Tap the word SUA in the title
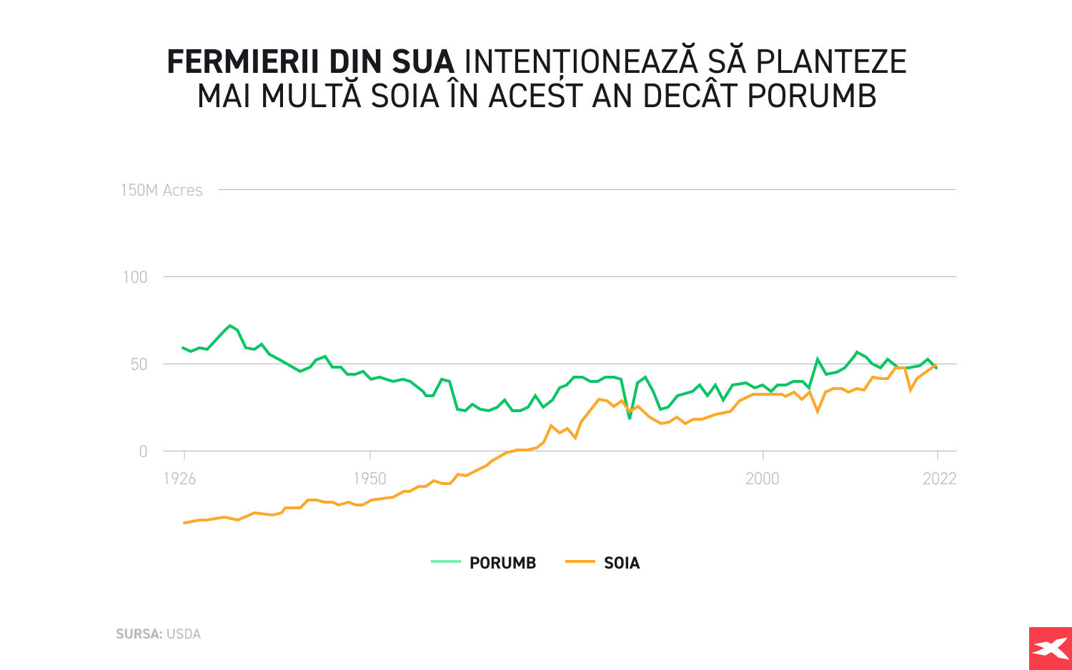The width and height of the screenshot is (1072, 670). [x=422, y=63]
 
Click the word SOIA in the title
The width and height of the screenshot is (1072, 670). [x=405, y=96]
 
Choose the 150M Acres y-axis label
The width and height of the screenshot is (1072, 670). [x=162, y=190]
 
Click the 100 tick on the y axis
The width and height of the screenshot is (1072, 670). [x=135, y=277]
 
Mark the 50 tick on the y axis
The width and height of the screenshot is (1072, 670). [x=138, y=364]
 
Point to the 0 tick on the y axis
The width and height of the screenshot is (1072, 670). [x=143, y=451]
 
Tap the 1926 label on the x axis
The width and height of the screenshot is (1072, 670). [x=179, y=479]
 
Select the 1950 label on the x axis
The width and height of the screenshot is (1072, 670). [x=369, y=479]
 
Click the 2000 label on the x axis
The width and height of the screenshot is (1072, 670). [x=763, y=479]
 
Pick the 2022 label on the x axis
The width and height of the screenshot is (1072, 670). [x=939, y=479]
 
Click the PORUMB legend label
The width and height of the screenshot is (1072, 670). [x=502, y=563]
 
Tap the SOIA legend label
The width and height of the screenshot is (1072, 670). [x=622, y=563]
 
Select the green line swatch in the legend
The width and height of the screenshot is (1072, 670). [x=446, y=562]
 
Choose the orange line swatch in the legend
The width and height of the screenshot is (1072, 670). [x=580, y=562]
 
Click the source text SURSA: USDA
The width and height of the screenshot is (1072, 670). [x=158, y=634]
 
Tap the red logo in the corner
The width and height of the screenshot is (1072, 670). [x=1050, y=649]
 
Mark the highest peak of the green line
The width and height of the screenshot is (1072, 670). [x=230, y=326]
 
